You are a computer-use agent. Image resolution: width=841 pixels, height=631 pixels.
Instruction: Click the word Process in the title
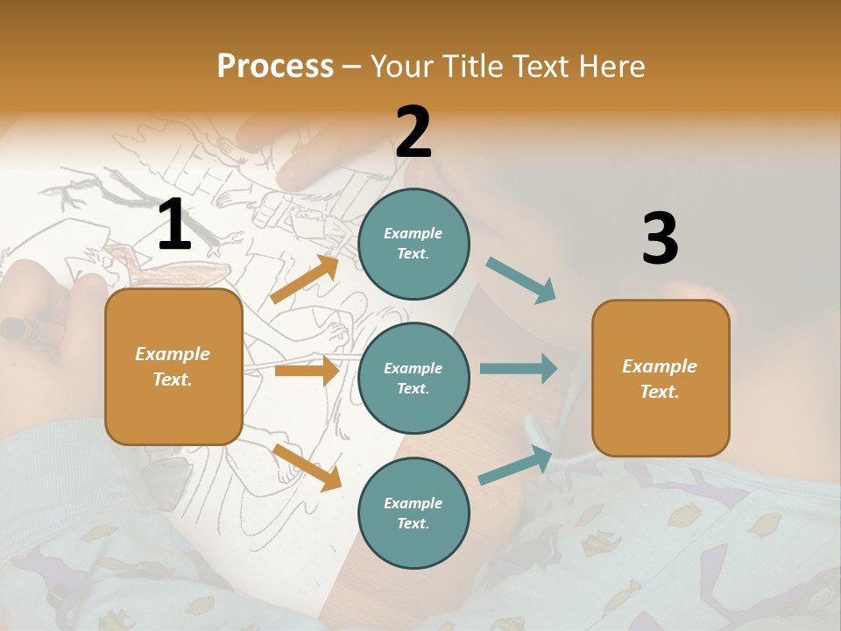tap(275, 66)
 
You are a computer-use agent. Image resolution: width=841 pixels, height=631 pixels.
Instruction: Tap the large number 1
tap(174, 225)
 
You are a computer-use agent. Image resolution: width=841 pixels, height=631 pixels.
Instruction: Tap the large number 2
tap(413, 132)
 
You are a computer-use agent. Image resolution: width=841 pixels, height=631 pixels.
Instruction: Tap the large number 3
tap(660, 238)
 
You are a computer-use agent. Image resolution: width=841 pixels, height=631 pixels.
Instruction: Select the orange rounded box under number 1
tap(173, 366)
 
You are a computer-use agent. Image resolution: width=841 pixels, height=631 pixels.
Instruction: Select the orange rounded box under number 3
tap(661, 378)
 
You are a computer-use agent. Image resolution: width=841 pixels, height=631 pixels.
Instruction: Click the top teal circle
tap(413, 244)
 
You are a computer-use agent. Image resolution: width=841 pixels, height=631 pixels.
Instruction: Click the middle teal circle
tap(413, 378)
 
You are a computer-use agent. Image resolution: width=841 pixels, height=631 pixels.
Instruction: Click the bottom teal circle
tap(413, 513)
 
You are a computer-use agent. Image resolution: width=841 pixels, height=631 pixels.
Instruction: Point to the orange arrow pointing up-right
tap(305, 280)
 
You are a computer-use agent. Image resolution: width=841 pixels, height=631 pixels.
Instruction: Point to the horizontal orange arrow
tap(307, 371)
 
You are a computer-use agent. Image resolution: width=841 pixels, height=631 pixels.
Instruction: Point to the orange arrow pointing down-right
tap(307, 466)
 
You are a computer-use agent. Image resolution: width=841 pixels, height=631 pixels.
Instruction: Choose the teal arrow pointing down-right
tap(521, 280)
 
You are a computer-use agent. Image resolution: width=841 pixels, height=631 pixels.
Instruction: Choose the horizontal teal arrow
tap(518, 368)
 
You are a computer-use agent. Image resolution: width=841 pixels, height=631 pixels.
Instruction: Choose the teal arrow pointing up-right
tap(516, 465)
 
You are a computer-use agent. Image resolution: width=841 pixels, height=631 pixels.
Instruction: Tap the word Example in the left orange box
tap(173, 354)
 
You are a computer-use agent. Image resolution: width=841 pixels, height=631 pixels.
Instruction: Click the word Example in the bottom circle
tap(413, 503)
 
